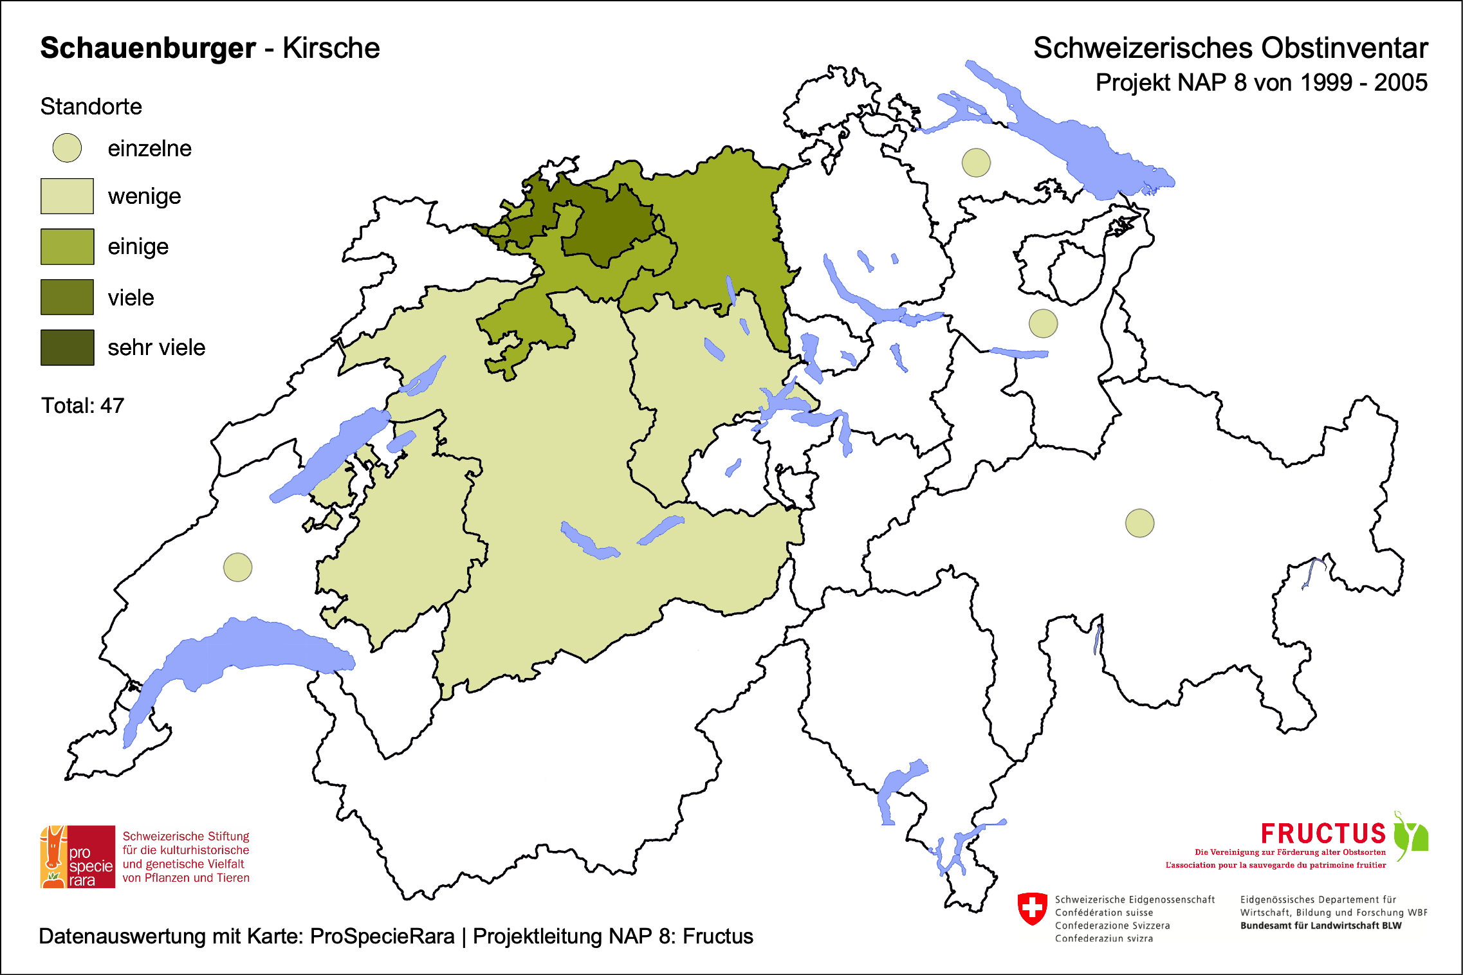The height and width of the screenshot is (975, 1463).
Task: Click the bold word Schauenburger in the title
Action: [148, 48]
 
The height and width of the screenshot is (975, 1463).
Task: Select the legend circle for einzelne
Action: [67, 148]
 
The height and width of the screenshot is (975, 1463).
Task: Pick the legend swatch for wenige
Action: [67, 196]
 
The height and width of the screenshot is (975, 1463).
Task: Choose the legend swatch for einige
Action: [67, 246]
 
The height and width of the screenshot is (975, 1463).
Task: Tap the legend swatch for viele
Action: [67, 297]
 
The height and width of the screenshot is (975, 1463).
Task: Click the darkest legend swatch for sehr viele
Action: [67, 347]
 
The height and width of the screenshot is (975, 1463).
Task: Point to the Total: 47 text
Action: [82, 406]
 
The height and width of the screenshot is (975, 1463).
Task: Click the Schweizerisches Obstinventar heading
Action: [1230, 48]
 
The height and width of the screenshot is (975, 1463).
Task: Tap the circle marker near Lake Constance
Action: [976, 163]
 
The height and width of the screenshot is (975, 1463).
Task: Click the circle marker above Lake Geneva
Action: [237, 567]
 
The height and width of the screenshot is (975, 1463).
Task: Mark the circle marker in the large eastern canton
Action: [1139, 523]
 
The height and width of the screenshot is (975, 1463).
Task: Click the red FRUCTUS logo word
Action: [1323, 834]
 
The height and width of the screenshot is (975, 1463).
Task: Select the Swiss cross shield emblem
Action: [1032, 908]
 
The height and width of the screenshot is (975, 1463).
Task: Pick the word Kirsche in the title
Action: [331, 48]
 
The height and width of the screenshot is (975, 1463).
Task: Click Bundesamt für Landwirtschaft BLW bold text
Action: [1320, 925]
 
